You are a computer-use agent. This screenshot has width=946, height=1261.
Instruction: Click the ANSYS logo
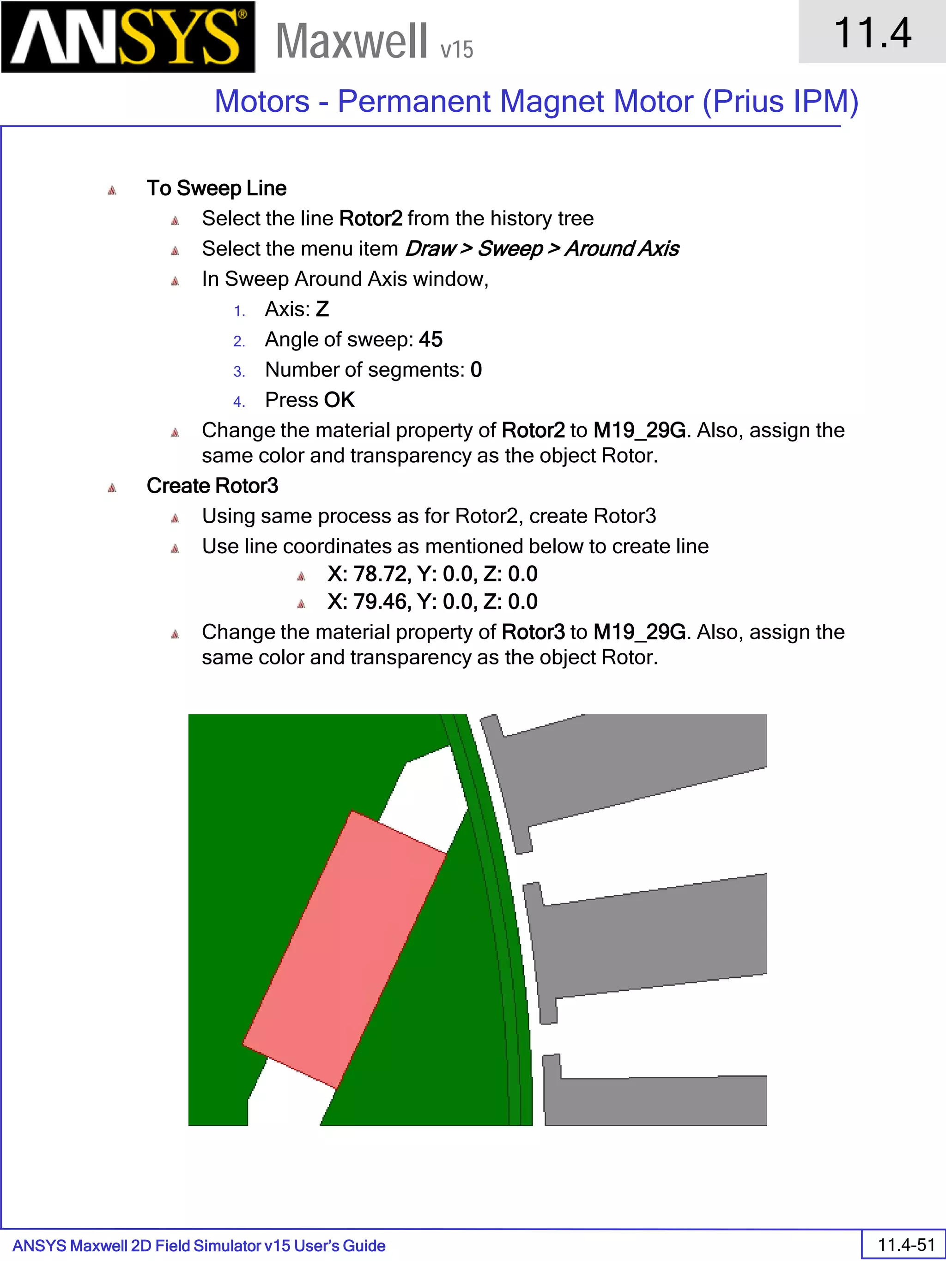pos(128,36)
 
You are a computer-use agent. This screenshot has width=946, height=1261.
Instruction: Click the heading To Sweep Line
pos(216,188)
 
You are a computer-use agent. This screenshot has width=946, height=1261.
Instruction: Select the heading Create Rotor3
pos(212,486)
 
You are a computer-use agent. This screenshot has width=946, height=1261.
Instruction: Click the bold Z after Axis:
pos(322,309)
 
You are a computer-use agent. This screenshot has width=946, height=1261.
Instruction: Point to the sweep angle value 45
pos(431,339)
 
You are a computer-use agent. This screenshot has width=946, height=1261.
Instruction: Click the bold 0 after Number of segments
pos(476,369)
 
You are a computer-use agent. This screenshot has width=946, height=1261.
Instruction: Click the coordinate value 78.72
pos(380,574)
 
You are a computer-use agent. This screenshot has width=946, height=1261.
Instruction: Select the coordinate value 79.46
pos(380,602)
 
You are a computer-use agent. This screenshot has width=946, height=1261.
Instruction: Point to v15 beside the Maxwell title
pos(456,49)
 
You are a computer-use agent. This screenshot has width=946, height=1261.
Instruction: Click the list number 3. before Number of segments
pos(239,372)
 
